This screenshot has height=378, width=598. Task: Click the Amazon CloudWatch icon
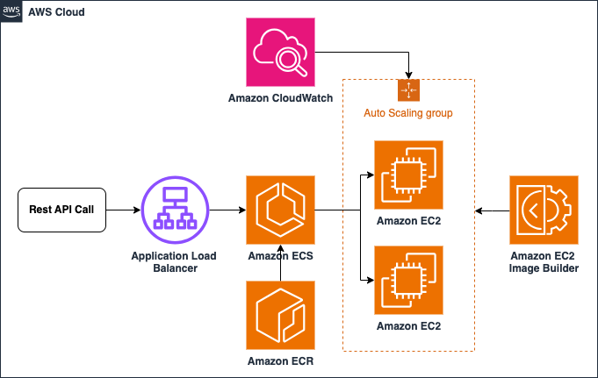(x=280, y=52)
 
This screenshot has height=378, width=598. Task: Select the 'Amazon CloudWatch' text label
(x=280, y=98)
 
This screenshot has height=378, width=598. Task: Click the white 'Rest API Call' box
(x=61, y=210)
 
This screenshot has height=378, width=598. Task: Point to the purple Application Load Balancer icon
(x=175, y=210)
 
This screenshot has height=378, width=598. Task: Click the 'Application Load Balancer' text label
(x=174, y=261)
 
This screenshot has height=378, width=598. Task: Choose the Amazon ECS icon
(x=280, y=210)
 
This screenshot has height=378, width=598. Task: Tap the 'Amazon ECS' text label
(x=280, y=256)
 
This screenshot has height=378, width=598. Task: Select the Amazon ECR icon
(x=280, y=315)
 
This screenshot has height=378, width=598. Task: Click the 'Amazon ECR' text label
(x=280, y=360)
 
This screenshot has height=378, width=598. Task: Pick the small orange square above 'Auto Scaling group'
(x=408, y=90)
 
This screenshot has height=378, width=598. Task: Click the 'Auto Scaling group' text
(x=408, y=113)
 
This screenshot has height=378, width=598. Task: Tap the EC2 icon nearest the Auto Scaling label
(x=408, y=175)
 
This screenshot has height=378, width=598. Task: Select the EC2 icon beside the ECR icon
(x=408, y=280)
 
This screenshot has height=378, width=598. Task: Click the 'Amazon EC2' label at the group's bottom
(x=408, y=325)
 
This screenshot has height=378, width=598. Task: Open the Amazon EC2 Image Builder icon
(x=544, y=210)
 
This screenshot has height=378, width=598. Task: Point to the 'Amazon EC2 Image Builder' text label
(x=544, y=261)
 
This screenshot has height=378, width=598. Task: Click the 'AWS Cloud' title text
(x=57, y=12)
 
